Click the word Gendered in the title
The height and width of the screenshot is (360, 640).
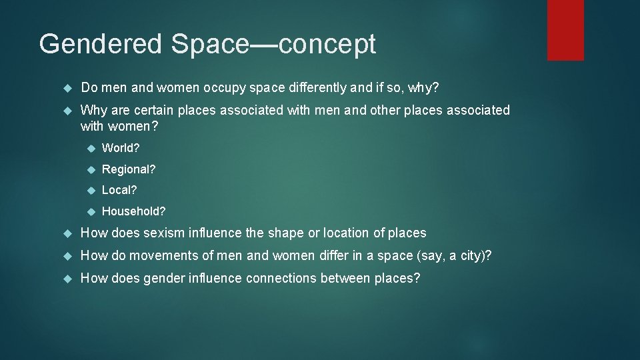101,45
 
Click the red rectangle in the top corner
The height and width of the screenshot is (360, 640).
565,30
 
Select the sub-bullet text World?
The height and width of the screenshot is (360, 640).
121,147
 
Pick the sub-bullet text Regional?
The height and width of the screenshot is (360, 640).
129,169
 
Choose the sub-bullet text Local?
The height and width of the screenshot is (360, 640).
119,190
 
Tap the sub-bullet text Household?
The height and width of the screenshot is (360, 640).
134,211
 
